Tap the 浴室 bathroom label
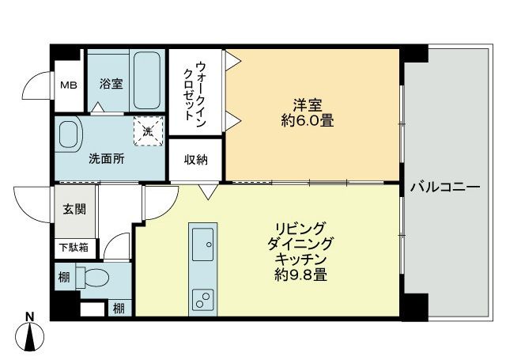coord(111,83)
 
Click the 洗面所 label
coord(105,157)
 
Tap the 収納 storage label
coord(196,161)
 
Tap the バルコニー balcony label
coord(445,188)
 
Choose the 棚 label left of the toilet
coord(62,279)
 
